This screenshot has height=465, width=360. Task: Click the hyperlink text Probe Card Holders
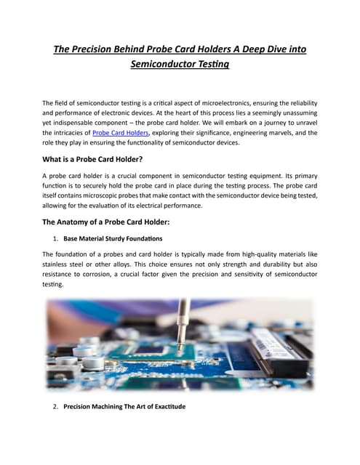[x=121, y=133]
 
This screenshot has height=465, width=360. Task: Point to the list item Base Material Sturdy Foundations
[x=113, y=238]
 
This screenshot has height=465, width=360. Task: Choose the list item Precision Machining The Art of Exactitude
[x=124, y=406]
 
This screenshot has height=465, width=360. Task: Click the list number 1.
[x=55, y=238]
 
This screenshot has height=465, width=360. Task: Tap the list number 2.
[x=55, y=406]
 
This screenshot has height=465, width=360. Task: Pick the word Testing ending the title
[x=211, y=64]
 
